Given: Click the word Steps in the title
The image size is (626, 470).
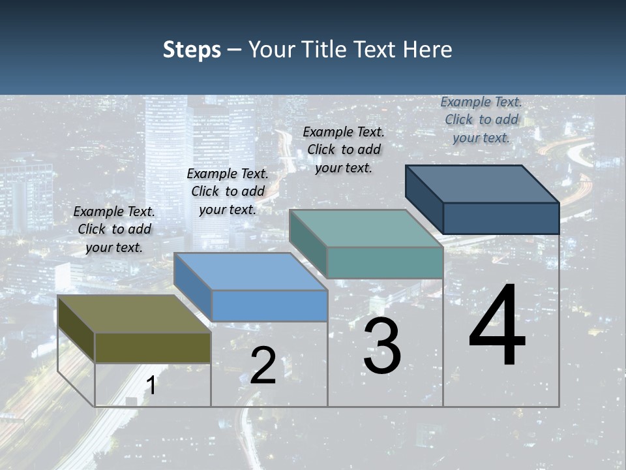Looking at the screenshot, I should click(x=192, y=50).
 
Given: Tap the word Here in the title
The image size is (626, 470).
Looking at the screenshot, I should click(x=428, y=50).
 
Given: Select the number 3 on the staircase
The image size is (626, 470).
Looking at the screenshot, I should click(x=382, y=347).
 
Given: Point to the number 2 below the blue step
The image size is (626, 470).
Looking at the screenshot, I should click(x=263, y=366).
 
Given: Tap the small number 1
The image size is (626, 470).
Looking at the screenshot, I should click(x=151, y=386).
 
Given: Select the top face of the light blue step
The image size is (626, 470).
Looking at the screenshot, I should click(x=250, y=272).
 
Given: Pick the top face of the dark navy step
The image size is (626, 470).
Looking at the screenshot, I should click(x=483, y=184).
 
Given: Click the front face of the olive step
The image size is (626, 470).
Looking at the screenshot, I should click(x=153, y=348).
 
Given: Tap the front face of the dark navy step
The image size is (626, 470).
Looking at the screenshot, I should click(x=501, y=218).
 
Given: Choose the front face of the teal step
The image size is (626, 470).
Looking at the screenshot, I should click(x=385, y=262).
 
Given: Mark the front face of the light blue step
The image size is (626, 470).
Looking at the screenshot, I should click(x=269, y=305).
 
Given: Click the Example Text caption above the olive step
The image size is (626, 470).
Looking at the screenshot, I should click(x=114, y=229).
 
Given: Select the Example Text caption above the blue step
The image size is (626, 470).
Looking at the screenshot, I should click(x=228, y=191).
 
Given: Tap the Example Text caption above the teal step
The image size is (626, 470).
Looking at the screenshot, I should click(x=344, y=149).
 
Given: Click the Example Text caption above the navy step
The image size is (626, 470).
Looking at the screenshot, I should click(x=481, y=119).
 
